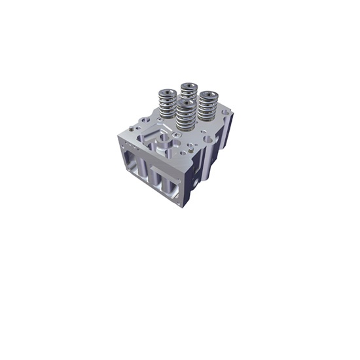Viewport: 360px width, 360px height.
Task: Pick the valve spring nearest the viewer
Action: (186, 118)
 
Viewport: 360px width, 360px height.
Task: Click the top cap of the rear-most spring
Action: (190, 86)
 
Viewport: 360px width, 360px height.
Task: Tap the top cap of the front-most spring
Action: (186, 103)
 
